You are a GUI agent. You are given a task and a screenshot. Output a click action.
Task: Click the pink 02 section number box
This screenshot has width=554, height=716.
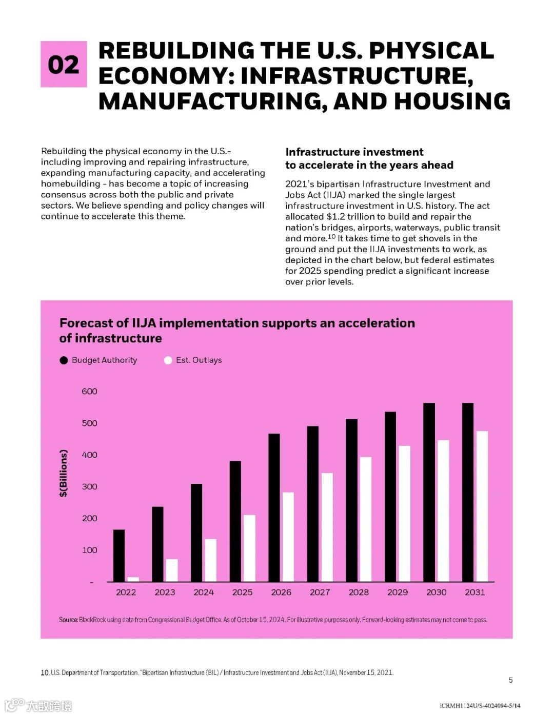click(x=64, y=64)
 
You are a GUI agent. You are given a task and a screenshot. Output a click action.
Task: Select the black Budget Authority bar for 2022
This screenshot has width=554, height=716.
click(x=119, y=556)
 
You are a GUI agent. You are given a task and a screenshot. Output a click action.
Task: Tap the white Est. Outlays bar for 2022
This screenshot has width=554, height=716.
click(x=133, y=579)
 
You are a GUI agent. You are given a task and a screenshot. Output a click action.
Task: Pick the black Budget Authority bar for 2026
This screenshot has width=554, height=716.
click(x=274, y=507)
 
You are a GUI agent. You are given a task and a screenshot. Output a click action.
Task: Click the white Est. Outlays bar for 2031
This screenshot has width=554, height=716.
click(x=482, y=506)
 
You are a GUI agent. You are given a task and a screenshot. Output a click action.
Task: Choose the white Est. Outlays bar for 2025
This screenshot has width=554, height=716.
click(x=249, y=548)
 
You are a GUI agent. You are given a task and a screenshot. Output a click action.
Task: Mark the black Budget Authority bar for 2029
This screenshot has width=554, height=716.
click(x=390, y=497)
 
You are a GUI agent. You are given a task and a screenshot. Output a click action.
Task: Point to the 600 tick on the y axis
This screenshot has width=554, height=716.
click(x=89, y=392)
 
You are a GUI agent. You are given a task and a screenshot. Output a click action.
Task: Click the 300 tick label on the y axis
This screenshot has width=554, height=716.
click(x=89, y=487)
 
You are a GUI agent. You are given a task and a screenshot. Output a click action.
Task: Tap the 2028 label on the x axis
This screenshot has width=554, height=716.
click(x=359, y=592)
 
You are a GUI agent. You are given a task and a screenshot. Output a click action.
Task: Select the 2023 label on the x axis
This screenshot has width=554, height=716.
click(x=165, y=592)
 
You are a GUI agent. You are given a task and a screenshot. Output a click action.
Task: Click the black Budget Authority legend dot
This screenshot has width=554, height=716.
click(x=64, y=360)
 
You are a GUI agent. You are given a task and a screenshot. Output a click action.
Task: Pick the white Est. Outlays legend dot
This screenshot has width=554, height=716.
click(x=168, y=360)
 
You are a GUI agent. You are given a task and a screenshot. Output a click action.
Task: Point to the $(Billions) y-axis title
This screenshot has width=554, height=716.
click(x=64, y=473)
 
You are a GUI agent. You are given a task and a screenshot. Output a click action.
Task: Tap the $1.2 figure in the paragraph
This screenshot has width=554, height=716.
click(x=337, y=217)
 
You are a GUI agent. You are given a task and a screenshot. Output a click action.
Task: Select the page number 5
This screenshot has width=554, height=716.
click(x=510, y=680)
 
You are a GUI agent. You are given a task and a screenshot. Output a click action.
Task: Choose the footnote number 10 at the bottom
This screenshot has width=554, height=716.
click(x=45, y=672)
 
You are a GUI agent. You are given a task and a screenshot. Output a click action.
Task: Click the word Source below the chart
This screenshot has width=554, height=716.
click(x=68, y=620)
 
